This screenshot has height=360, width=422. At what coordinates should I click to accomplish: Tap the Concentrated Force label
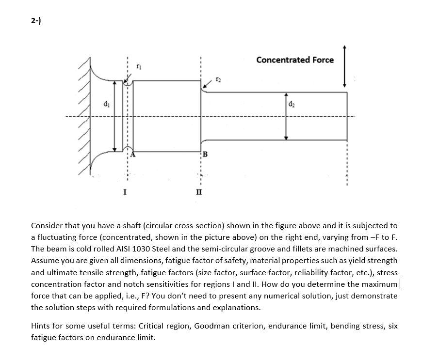295,60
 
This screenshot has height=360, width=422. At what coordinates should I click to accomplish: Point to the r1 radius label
139,66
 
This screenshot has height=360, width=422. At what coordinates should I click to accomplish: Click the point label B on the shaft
205,155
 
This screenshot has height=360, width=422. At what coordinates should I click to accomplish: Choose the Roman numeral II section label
199,192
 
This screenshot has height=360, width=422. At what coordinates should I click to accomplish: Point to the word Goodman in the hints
212,326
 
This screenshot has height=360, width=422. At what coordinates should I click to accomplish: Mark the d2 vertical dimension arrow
286,116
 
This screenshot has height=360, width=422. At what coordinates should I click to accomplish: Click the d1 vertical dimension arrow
115,116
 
